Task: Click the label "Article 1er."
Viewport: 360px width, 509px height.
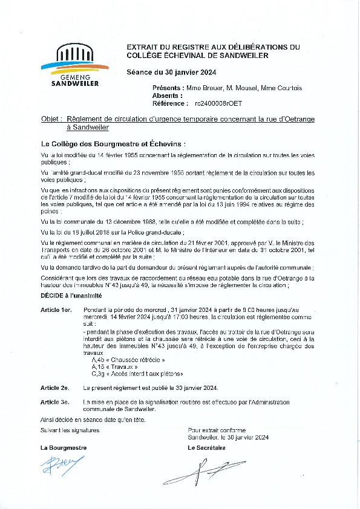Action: click(x=56, y=309)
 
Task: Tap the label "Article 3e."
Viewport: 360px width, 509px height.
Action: click(x=55, y=401)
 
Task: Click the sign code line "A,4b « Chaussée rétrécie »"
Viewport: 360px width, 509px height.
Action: click(x=119, y=360)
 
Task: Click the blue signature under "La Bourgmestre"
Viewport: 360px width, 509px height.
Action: click(x=57, y=466)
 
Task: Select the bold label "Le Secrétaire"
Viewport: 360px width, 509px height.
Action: click(x=206, y=448)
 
